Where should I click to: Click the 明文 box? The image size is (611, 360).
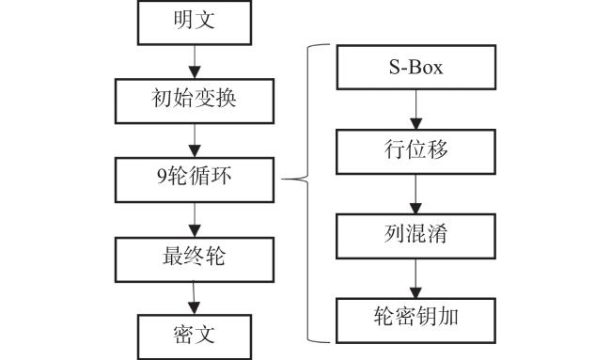pos(195,23)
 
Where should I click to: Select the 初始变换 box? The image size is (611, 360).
pos(195,101)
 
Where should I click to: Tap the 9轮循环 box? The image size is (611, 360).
pos(195,180)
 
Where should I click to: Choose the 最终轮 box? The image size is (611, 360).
pos(195,259)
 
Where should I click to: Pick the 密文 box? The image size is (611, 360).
pos(195,337)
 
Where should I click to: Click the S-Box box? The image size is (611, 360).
pos(416,67)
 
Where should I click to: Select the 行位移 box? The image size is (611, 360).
pos(415,151)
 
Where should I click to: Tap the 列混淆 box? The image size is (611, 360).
pos(415,236)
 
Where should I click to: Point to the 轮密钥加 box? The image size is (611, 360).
pos(415,321)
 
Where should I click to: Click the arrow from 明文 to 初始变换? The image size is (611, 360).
pos(195,62)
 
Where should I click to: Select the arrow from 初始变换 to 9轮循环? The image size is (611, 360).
pos(195,141)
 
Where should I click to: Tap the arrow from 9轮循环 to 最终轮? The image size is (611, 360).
pos(195,220)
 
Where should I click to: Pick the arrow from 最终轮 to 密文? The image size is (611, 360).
pos(194,299)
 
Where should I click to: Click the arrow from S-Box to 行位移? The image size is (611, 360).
pos(416,109)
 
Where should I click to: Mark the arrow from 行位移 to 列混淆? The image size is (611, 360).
pos(415,194)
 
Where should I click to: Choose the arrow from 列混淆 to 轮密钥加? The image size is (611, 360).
pos(415,278)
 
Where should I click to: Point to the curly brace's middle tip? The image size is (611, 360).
pos(282,180)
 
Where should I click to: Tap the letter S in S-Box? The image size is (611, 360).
pos(395,67)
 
